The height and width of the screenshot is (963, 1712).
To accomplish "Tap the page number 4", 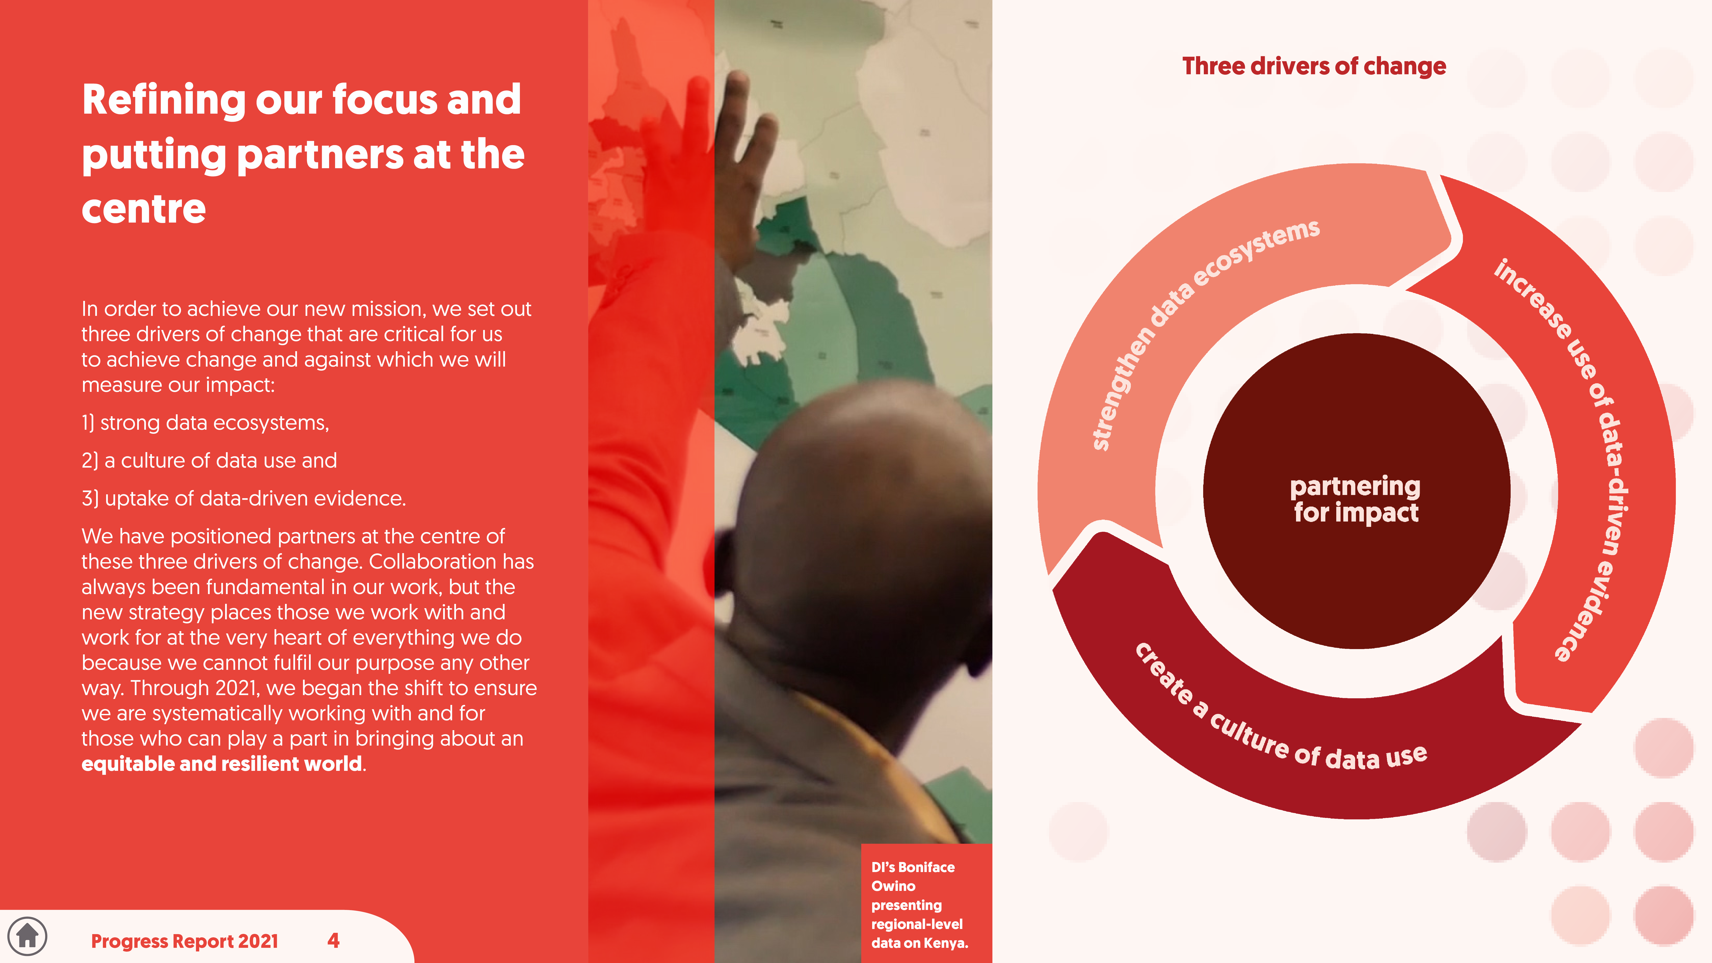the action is click(334, 940).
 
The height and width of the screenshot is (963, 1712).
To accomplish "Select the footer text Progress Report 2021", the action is click(185, 941).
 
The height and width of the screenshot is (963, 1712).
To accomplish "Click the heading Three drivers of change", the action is click(1314, 67).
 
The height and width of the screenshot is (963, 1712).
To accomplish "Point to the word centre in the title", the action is click(144, 209).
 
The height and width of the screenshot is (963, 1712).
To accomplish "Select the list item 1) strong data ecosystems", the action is click(205, 423).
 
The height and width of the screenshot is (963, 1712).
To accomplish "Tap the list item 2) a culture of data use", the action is click(209, 461).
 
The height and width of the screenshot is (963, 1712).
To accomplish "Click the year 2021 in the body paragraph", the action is click(237, 688).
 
